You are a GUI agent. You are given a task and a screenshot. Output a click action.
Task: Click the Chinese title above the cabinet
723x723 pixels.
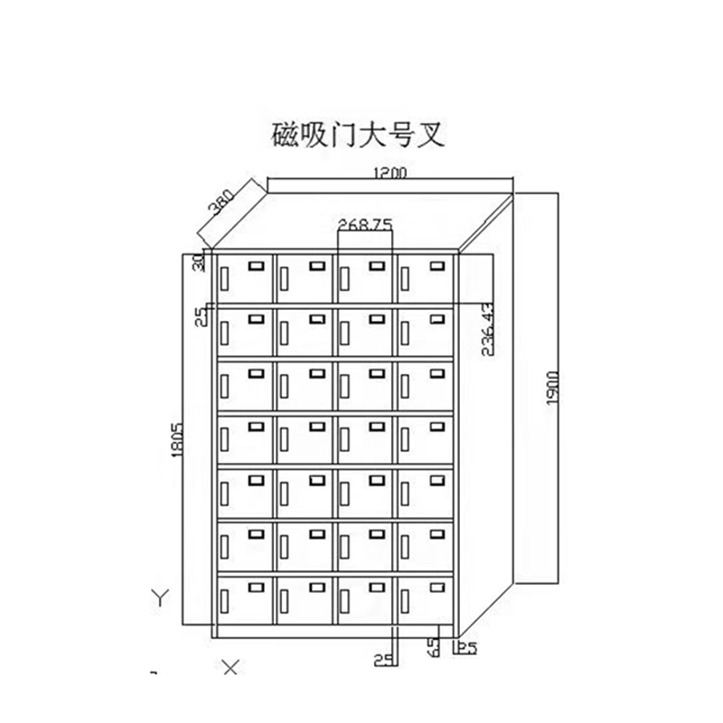tap(359, 138)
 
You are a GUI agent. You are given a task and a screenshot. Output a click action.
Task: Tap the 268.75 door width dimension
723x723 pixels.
tap(364, 223)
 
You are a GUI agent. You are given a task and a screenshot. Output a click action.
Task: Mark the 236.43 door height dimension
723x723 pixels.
tap(487, 331)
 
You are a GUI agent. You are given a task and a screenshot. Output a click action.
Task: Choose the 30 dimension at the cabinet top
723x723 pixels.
tap(200, 261)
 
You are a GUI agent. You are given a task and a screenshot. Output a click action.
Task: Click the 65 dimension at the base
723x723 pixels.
tap(435, 647)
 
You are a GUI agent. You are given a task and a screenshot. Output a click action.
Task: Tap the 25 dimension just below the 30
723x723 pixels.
tap(200, 316)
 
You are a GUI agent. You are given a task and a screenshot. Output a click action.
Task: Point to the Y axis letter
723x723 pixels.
tap(160, 597)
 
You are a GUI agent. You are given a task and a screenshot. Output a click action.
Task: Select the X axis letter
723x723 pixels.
tap(231, 668)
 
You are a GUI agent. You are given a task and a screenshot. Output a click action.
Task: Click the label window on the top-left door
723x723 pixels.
tap(256, 267)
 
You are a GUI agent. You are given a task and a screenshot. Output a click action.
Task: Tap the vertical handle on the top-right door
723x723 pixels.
tap(405, 280)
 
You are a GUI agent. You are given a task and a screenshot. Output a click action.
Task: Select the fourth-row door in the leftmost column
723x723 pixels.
tap(243, 438)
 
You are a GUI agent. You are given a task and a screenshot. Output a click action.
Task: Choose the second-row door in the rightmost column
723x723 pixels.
tap(425, 331)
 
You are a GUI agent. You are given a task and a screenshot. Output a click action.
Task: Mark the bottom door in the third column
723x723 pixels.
tap(364, 598)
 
